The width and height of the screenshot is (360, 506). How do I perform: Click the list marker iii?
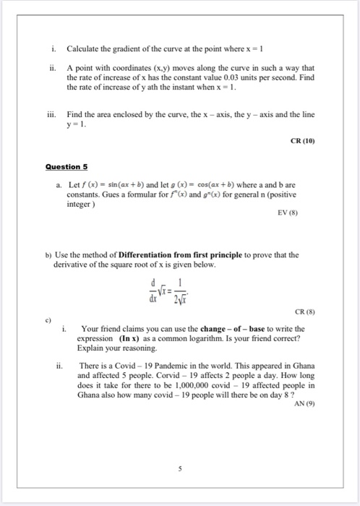click(x=51, y=115)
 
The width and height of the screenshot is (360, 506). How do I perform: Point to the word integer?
click(x=82, y=205)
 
